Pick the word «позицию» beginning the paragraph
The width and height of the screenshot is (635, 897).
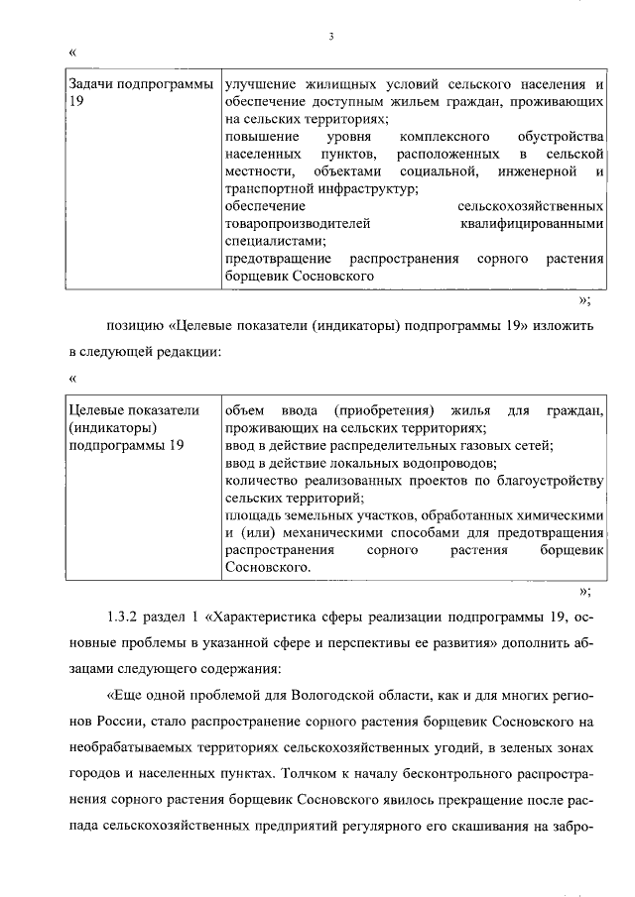[x=134, y=327]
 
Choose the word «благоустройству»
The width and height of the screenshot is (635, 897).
[x=548, y=481]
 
